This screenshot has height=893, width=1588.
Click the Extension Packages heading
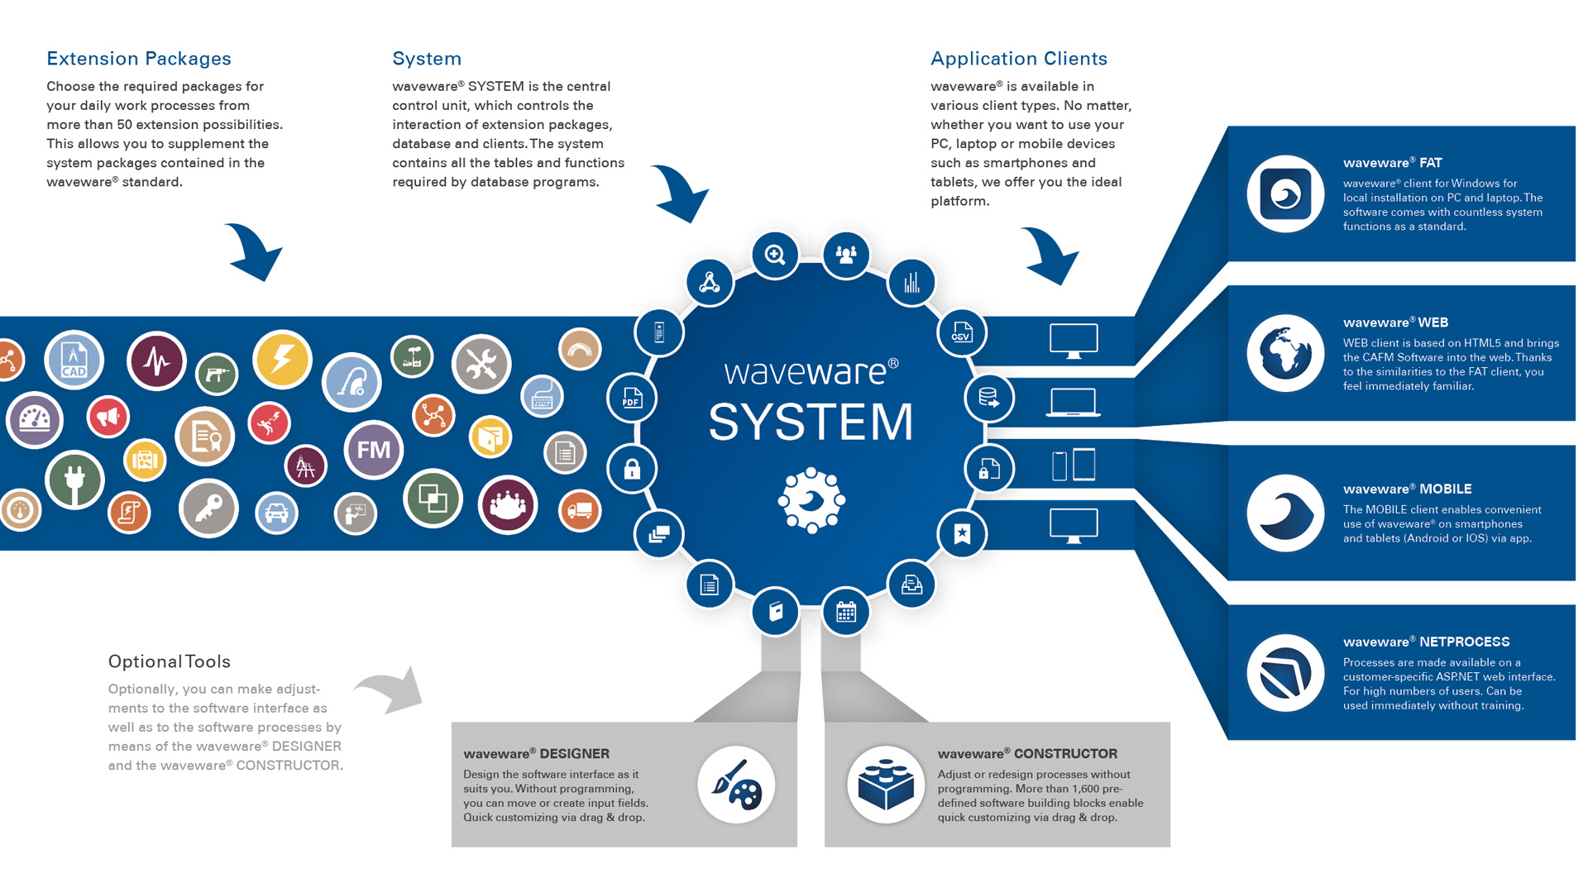coord(139,59)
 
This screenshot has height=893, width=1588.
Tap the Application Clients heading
coord(1018,59)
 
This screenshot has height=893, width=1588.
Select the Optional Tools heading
coord(169,661)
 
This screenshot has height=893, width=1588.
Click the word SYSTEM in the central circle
coord(811,422)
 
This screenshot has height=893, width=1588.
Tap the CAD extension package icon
coord(74,360)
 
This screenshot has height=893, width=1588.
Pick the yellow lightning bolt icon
coord(282,360)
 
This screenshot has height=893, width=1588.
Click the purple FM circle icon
coord(373,450)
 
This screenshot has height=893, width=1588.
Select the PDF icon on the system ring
coord(632,398)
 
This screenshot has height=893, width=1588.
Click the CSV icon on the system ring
coord(961,332)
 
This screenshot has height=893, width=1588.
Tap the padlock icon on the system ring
coord(632,469)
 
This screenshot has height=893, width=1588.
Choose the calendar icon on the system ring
coord(846,612)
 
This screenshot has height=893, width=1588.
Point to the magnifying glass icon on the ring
coord(775,255)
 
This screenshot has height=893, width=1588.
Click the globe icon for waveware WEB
coord(1285,353)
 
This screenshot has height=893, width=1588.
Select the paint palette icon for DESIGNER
coord(735,785)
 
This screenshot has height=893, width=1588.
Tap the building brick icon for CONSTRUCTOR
coord(886,785)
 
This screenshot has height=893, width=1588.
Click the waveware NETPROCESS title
coord(1426,642)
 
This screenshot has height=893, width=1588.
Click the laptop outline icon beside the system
coord(1073,403)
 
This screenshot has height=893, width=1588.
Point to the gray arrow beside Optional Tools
coord(390,689)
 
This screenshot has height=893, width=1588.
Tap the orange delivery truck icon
coord(580,510)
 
